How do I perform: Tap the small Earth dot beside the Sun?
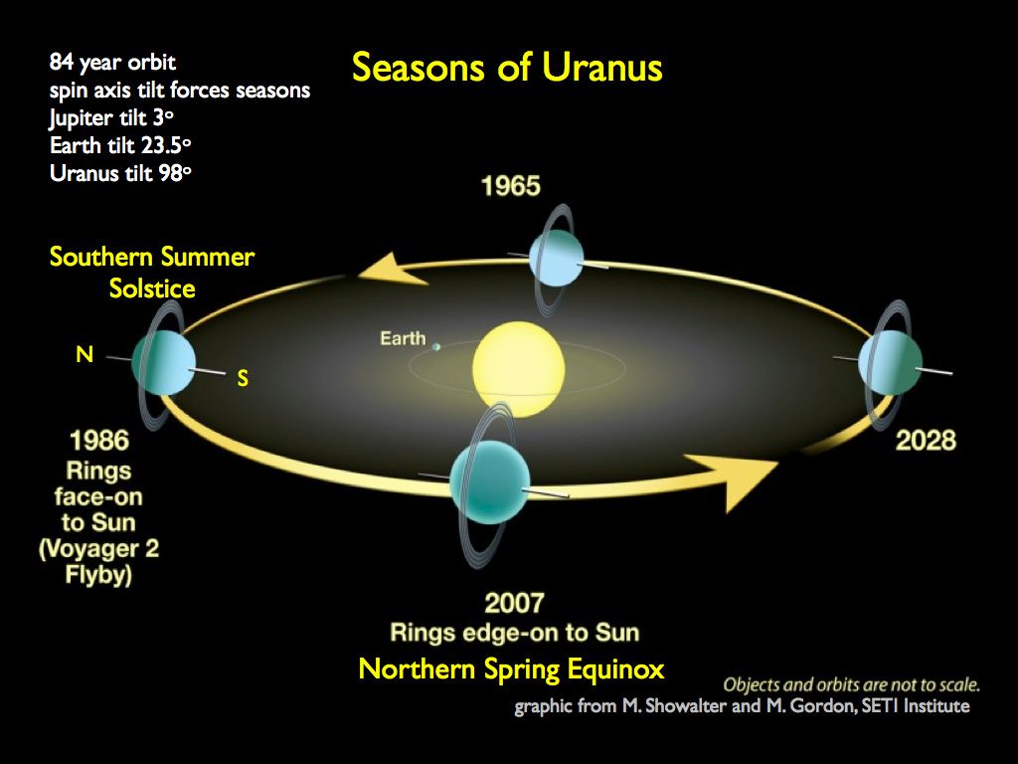[435, 345]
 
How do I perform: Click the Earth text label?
[403, 339]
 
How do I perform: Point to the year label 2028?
[926, 440]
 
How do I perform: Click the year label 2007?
[514, 603]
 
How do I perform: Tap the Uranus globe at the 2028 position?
[892, 364]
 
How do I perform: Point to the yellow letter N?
[85, 353]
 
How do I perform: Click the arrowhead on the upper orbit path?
[392, 269]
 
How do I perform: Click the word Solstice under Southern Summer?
[151, 288]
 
